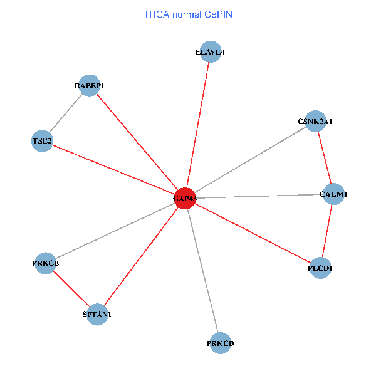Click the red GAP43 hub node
pos(184,198)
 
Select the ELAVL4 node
pos(209,53)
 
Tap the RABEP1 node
pos(90,85)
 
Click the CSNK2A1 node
pos(315,121)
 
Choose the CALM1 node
pos(333,194)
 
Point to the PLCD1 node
pos(320,268)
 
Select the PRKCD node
pos(220,343)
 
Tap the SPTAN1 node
pos(97,314)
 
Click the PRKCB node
pos(46,263)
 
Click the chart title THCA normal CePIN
pos(188,14)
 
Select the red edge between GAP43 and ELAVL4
pos(197,125)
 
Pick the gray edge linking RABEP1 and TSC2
pos(66,113)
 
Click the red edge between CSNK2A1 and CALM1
pos(324,157)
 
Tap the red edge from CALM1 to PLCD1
pos(327,231)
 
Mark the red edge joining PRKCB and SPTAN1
pos(71,288)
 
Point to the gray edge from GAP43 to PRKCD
pos(202,271)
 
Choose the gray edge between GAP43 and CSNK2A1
pos(249,160)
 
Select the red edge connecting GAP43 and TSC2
pos(113,169)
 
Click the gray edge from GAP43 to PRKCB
pos(115,231)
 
